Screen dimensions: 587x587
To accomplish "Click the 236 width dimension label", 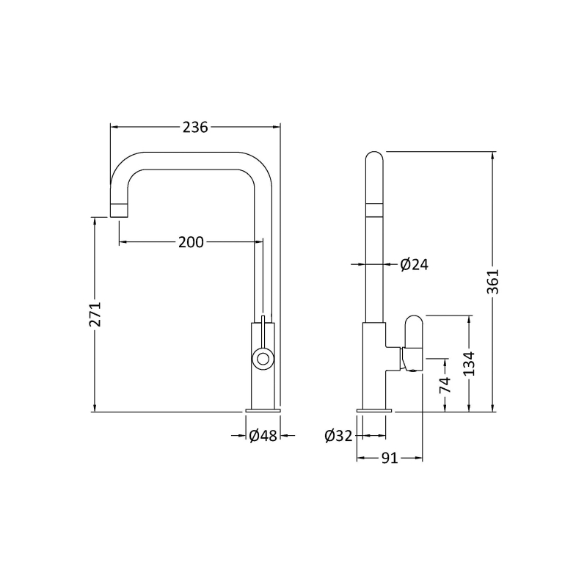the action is (x=195, y=127).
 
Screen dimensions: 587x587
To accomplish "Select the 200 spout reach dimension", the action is (x=191, y=242).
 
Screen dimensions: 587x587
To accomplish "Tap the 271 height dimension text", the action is (x=95, y=314).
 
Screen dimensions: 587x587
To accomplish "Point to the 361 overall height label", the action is (x=493, y=282).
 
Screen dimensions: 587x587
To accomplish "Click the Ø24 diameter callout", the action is (x=414, y=265).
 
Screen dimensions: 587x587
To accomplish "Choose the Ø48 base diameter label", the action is (x=263, y=435).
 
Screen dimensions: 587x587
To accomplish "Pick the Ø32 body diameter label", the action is (x=339, y=436).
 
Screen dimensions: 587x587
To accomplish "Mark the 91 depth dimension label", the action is (x=390, y=458).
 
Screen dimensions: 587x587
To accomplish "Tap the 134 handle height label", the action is (x=469, y=363).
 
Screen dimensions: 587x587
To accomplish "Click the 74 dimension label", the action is (x=445, y=384).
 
